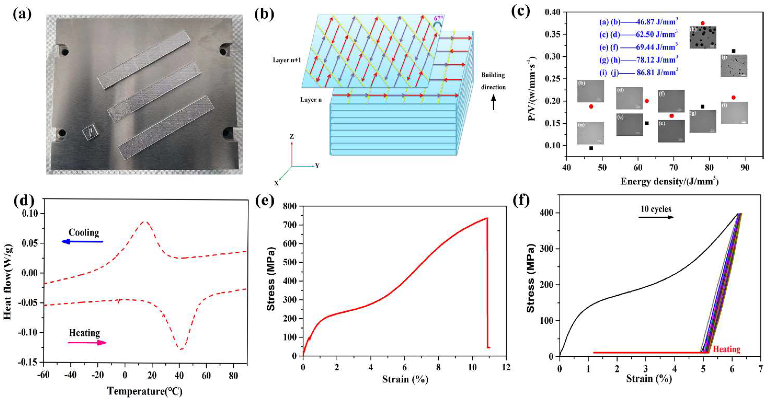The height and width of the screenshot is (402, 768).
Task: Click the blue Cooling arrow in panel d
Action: click(82, 242)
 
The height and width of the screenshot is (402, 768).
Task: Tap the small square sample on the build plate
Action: click(91, 132)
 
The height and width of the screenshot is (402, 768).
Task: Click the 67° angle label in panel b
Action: click(438, 18)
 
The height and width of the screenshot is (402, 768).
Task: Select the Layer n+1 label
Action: click(287, 60)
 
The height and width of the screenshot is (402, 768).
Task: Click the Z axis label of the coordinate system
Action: click(292, 137)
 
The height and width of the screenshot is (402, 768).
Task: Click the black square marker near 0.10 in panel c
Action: click(591, 148)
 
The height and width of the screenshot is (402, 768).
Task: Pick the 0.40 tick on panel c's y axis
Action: click(552, 12)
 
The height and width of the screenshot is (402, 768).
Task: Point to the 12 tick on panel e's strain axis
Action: click(506, 367)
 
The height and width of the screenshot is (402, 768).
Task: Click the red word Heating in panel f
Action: click(727, 349)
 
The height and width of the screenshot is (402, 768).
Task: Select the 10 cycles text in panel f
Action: click(656, 209)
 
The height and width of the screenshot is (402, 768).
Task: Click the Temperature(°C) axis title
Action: click(145, 391)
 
